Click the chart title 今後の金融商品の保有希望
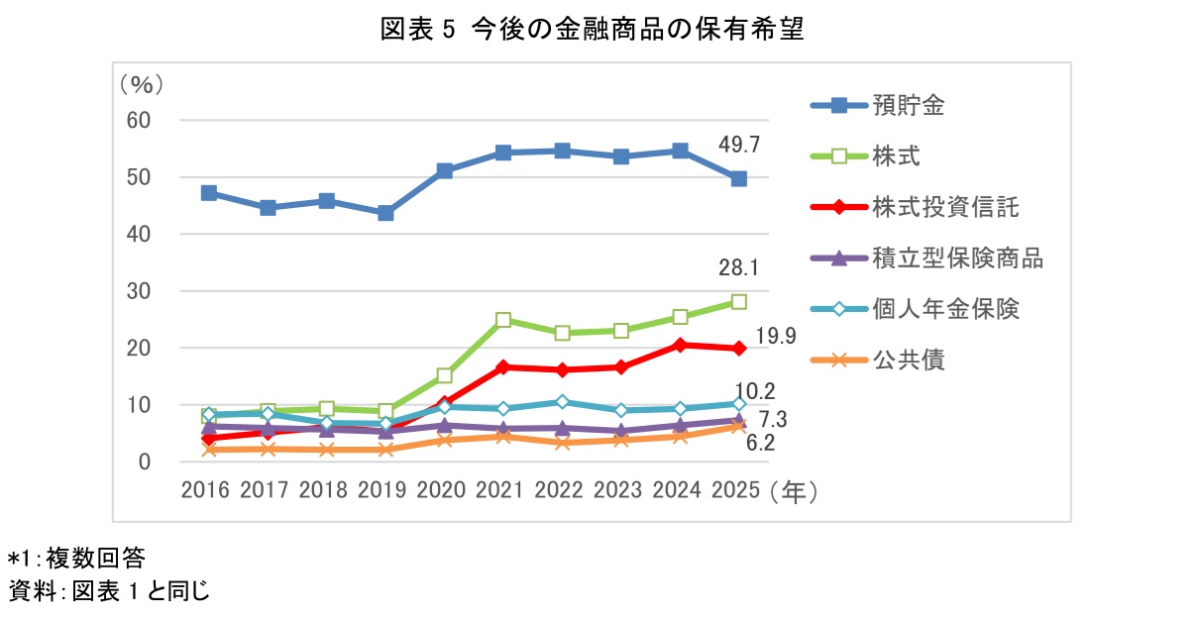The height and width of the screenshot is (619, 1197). (592, 30)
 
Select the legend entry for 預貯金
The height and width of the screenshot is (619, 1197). (908, 105)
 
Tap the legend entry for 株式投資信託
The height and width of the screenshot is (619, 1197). (945, 207)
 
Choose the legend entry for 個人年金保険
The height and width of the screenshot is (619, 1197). (945, 309)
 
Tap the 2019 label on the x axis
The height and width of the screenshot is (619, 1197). (382, 489)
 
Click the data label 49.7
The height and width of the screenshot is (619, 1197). (738, 146)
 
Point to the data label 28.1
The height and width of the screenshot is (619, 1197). (740, 268)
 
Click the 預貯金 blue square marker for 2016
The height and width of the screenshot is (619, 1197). (208, 193)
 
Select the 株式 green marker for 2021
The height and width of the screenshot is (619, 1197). (503, 320)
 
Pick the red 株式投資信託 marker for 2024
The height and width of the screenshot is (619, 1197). (680, 345)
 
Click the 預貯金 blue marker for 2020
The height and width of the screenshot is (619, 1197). (444, 171)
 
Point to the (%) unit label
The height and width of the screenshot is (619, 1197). (141, 83)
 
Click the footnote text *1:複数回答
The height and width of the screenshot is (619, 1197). (76, 558)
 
